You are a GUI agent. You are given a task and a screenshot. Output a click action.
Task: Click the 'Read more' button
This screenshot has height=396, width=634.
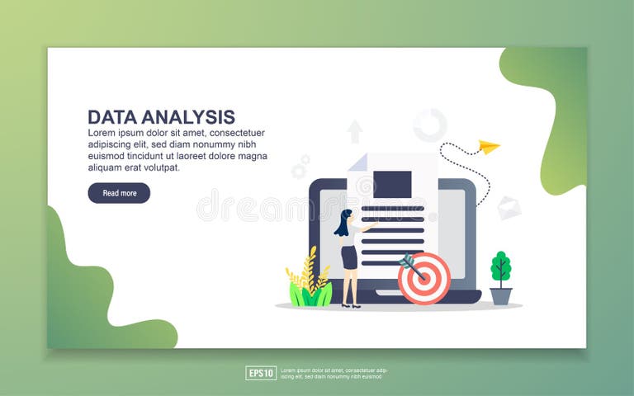119,193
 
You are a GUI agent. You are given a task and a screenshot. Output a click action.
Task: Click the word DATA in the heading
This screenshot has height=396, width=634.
111,117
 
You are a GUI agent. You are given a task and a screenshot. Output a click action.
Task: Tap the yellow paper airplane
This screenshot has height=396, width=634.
489,147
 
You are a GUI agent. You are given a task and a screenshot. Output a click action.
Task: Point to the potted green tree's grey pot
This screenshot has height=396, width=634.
501,295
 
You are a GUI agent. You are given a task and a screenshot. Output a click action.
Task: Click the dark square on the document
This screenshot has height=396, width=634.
392,184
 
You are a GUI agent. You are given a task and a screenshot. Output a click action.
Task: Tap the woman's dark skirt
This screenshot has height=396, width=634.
349,257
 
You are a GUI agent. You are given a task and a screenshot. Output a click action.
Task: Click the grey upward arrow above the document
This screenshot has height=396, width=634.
355,131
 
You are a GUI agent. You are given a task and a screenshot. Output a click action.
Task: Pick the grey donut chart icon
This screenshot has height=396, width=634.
430,125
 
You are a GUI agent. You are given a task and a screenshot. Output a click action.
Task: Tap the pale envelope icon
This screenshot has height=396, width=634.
509,208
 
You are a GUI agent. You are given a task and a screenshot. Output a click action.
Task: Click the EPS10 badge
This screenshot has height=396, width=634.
261,373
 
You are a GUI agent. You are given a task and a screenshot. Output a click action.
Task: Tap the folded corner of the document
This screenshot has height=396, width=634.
358,163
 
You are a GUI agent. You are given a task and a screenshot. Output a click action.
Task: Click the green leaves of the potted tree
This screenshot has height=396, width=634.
501,266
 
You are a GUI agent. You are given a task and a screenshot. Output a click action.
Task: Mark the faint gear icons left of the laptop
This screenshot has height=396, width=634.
300,167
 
